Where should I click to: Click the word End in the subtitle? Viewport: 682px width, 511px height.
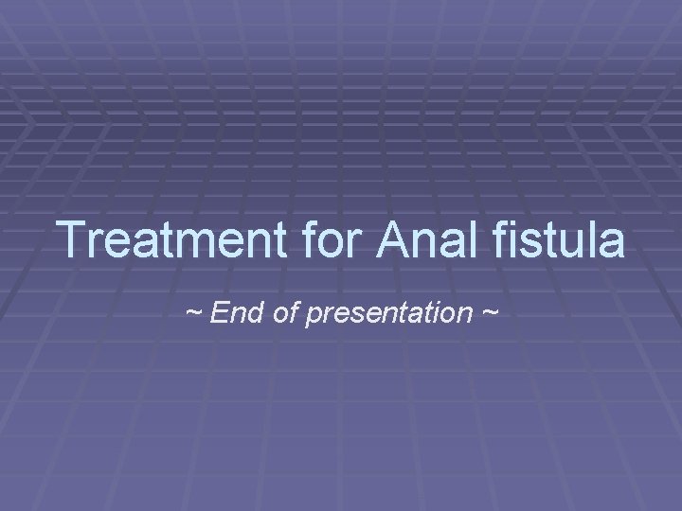[x=231, y=312]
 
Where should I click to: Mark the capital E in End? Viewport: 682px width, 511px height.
[x=217, y=312]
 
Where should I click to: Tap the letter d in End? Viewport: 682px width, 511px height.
[x=245, y=312]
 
